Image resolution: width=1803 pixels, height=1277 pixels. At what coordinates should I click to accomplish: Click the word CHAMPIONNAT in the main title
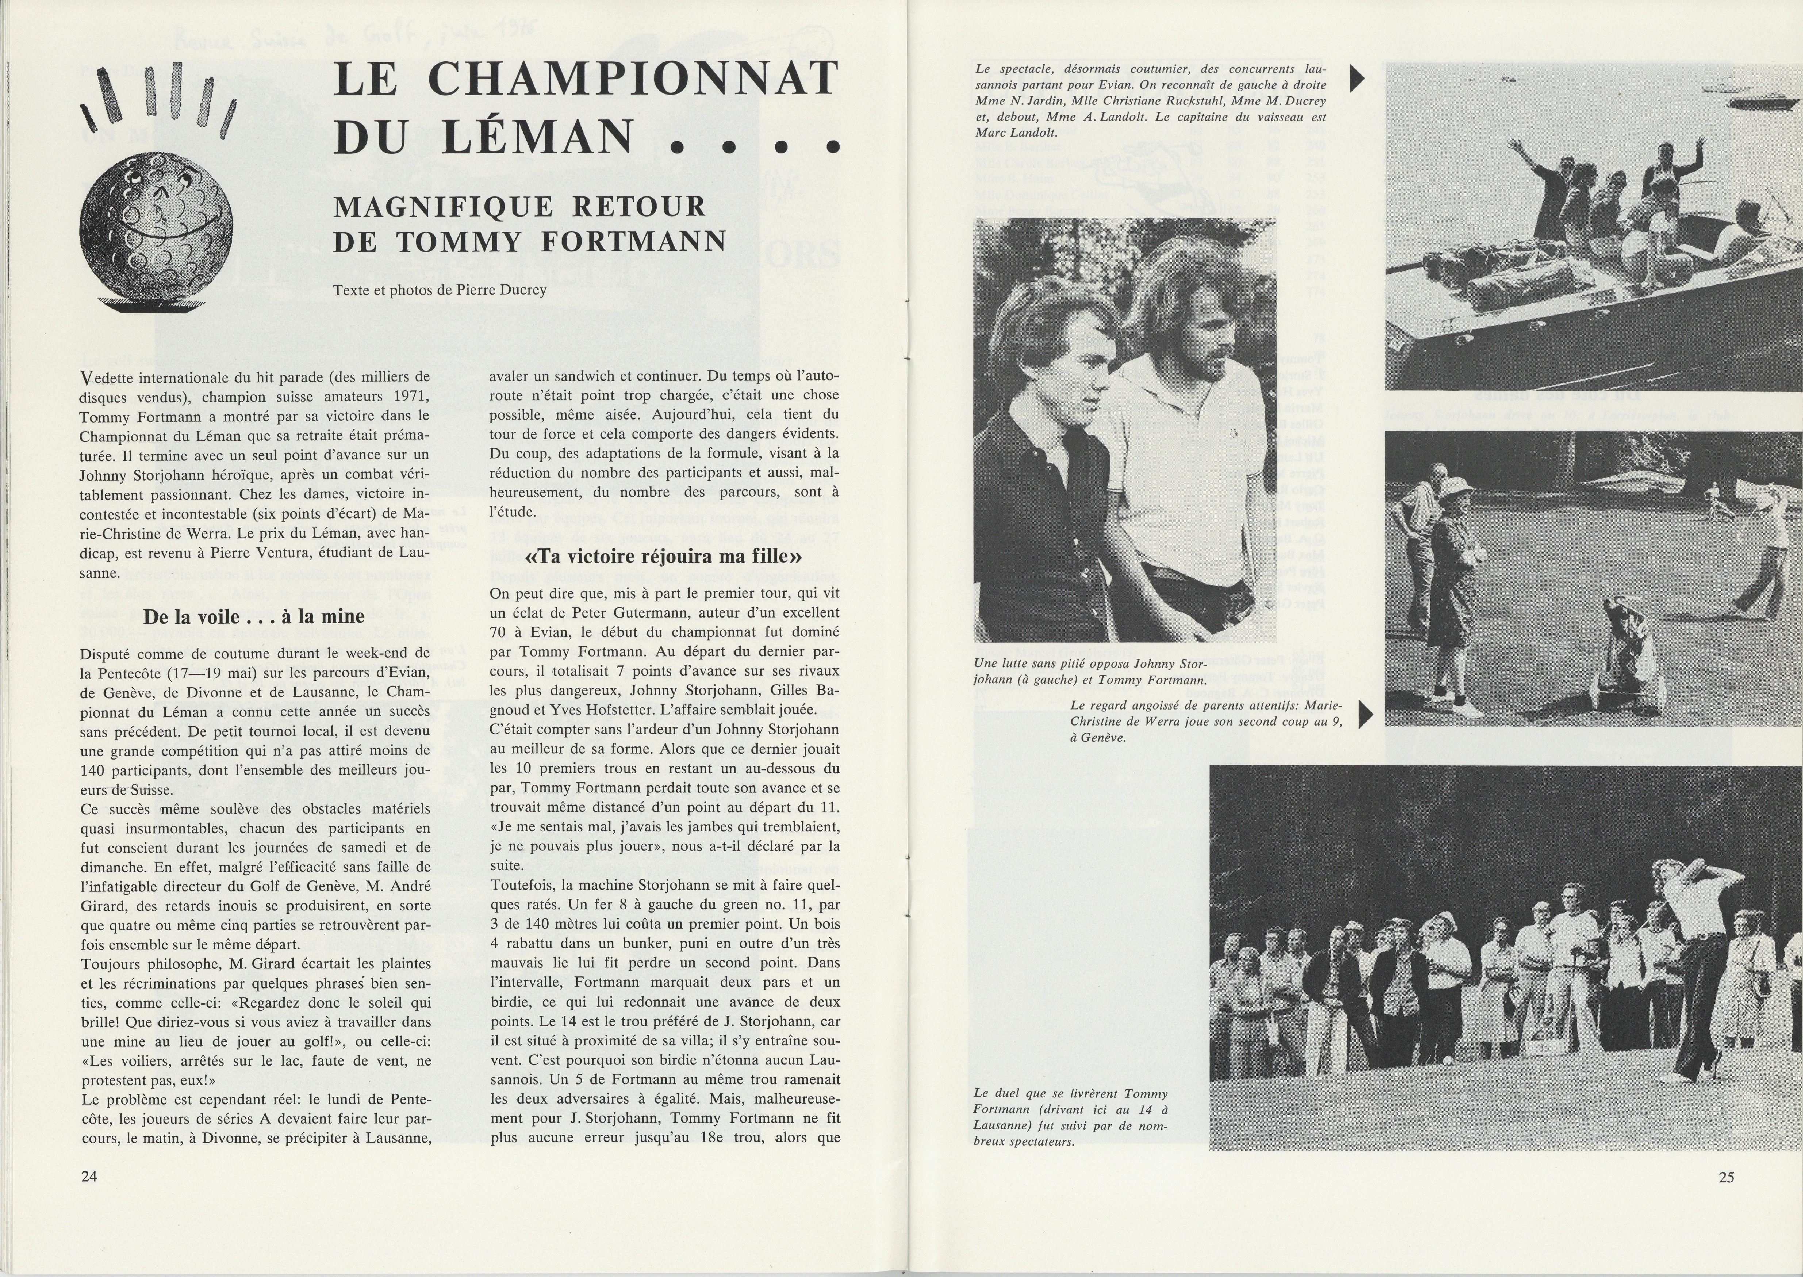coord(633,79)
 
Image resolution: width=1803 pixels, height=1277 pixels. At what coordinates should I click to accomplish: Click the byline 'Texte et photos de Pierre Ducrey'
coord(440,289)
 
